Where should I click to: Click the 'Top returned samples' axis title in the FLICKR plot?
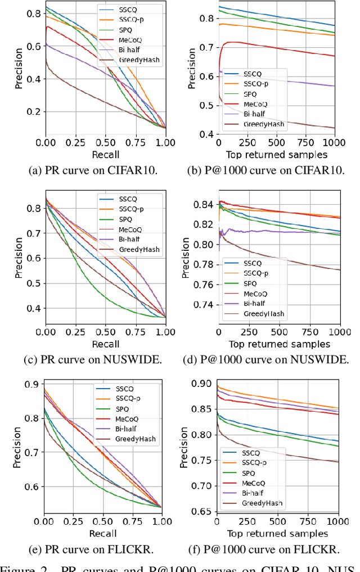[x=277, y=533]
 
